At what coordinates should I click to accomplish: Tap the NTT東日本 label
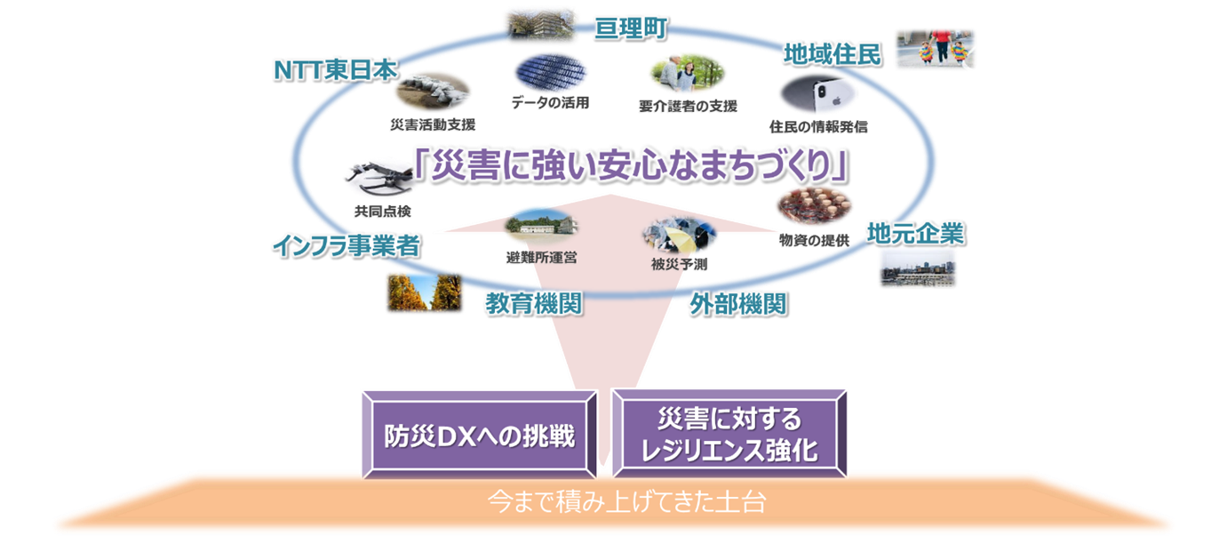pos(332,71)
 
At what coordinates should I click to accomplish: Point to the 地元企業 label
pos(916,234)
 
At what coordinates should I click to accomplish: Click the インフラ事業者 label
pos(346,247)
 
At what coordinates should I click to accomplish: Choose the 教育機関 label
pos(533,304)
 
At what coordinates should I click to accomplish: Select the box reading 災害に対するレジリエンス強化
pos(729,435)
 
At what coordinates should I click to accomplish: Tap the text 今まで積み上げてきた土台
pos(626,501)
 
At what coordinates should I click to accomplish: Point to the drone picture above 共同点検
pos(377,178)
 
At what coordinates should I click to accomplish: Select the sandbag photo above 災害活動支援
pos(432,92)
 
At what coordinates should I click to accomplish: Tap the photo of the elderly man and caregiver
pos(686,75)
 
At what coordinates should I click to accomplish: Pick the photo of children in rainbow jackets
pos(934,49)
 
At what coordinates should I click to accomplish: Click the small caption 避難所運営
pos(541,258)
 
